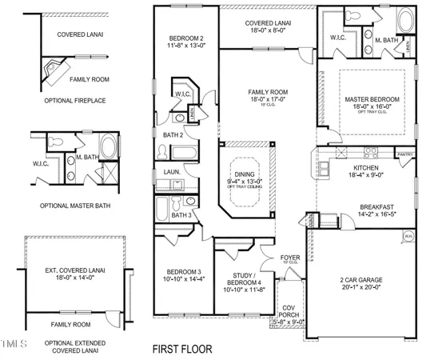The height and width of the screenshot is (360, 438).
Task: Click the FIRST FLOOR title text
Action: click(x=187, y=350)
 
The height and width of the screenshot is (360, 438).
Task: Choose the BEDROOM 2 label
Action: click(x=186, y=38)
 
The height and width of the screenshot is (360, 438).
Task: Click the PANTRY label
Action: click(x=405, y=154)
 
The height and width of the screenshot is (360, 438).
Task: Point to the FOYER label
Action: click(x=289, y=257)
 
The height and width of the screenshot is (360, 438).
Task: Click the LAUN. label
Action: click(x=171, y=171)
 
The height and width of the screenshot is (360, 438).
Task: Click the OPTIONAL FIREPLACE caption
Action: click(x=66, y=99)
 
